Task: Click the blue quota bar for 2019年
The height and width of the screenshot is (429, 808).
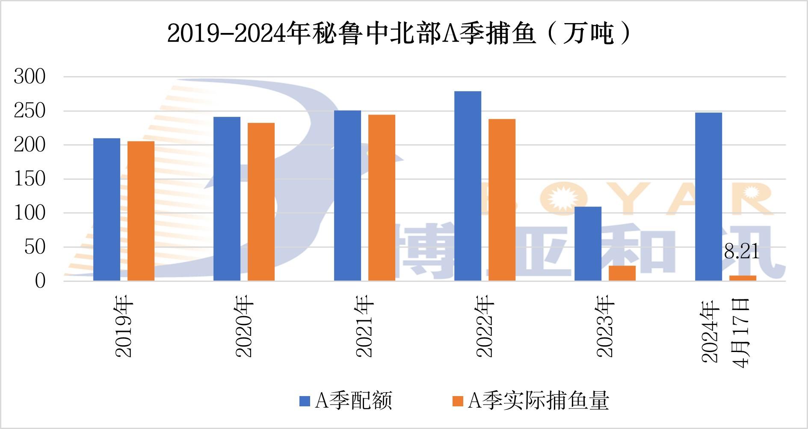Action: tap(107, 210)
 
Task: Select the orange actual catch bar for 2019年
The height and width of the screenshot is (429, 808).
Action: tap(141, 211)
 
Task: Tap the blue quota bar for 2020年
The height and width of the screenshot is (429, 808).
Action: tap(227, 199)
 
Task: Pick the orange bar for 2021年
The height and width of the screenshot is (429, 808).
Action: tap(382, 198)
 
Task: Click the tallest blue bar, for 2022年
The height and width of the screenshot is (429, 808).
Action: tap(468, 186)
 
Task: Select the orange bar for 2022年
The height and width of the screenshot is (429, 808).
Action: tap(502, 200)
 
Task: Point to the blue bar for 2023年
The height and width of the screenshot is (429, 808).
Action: tap(588, 244)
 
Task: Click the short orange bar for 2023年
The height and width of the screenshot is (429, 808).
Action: tap(622, 273)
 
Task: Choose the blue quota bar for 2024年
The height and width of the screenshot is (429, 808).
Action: tap(708, 197)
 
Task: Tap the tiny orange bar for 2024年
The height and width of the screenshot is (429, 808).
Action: tap(743, 278)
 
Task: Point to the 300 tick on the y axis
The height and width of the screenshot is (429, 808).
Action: tap(30, 77)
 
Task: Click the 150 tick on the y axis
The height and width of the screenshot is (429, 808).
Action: tap(30, 179)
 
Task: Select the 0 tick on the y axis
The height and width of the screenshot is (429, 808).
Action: tap(40, 281)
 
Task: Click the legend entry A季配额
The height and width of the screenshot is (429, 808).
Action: tap(346, 401)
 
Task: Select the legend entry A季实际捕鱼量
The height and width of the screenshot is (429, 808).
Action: tap(531, 401)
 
